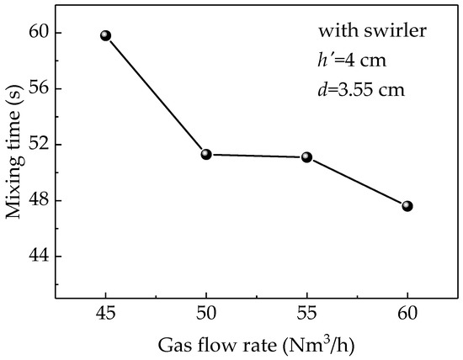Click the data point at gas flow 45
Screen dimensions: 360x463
click(105, 35)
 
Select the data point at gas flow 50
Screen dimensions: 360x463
click(205, 154)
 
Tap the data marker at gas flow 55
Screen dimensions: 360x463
click(306, 156)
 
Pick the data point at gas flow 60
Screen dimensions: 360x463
click(407, 205)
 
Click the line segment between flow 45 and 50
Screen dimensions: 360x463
click(156, 95)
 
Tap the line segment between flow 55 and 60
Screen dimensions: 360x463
click(357, 181)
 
